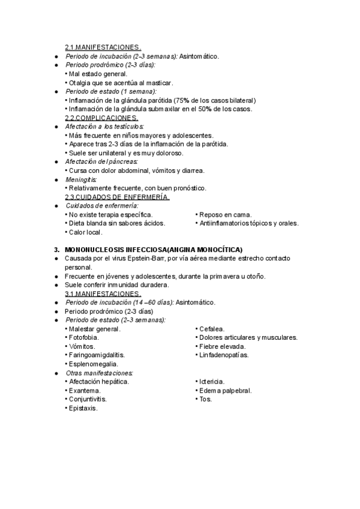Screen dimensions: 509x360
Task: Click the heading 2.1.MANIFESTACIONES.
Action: point(103,48)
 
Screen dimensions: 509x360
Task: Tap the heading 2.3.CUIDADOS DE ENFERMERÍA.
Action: point(117,197)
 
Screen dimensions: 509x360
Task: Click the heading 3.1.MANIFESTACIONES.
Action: point(103,294)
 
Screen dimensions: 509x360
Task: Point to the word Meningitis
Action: point(81,179)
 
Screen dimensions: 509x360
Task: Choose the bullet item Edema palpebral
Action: point(226,391)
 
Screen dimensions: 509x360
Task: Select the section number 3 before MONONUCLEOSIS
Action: point(56,250)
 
